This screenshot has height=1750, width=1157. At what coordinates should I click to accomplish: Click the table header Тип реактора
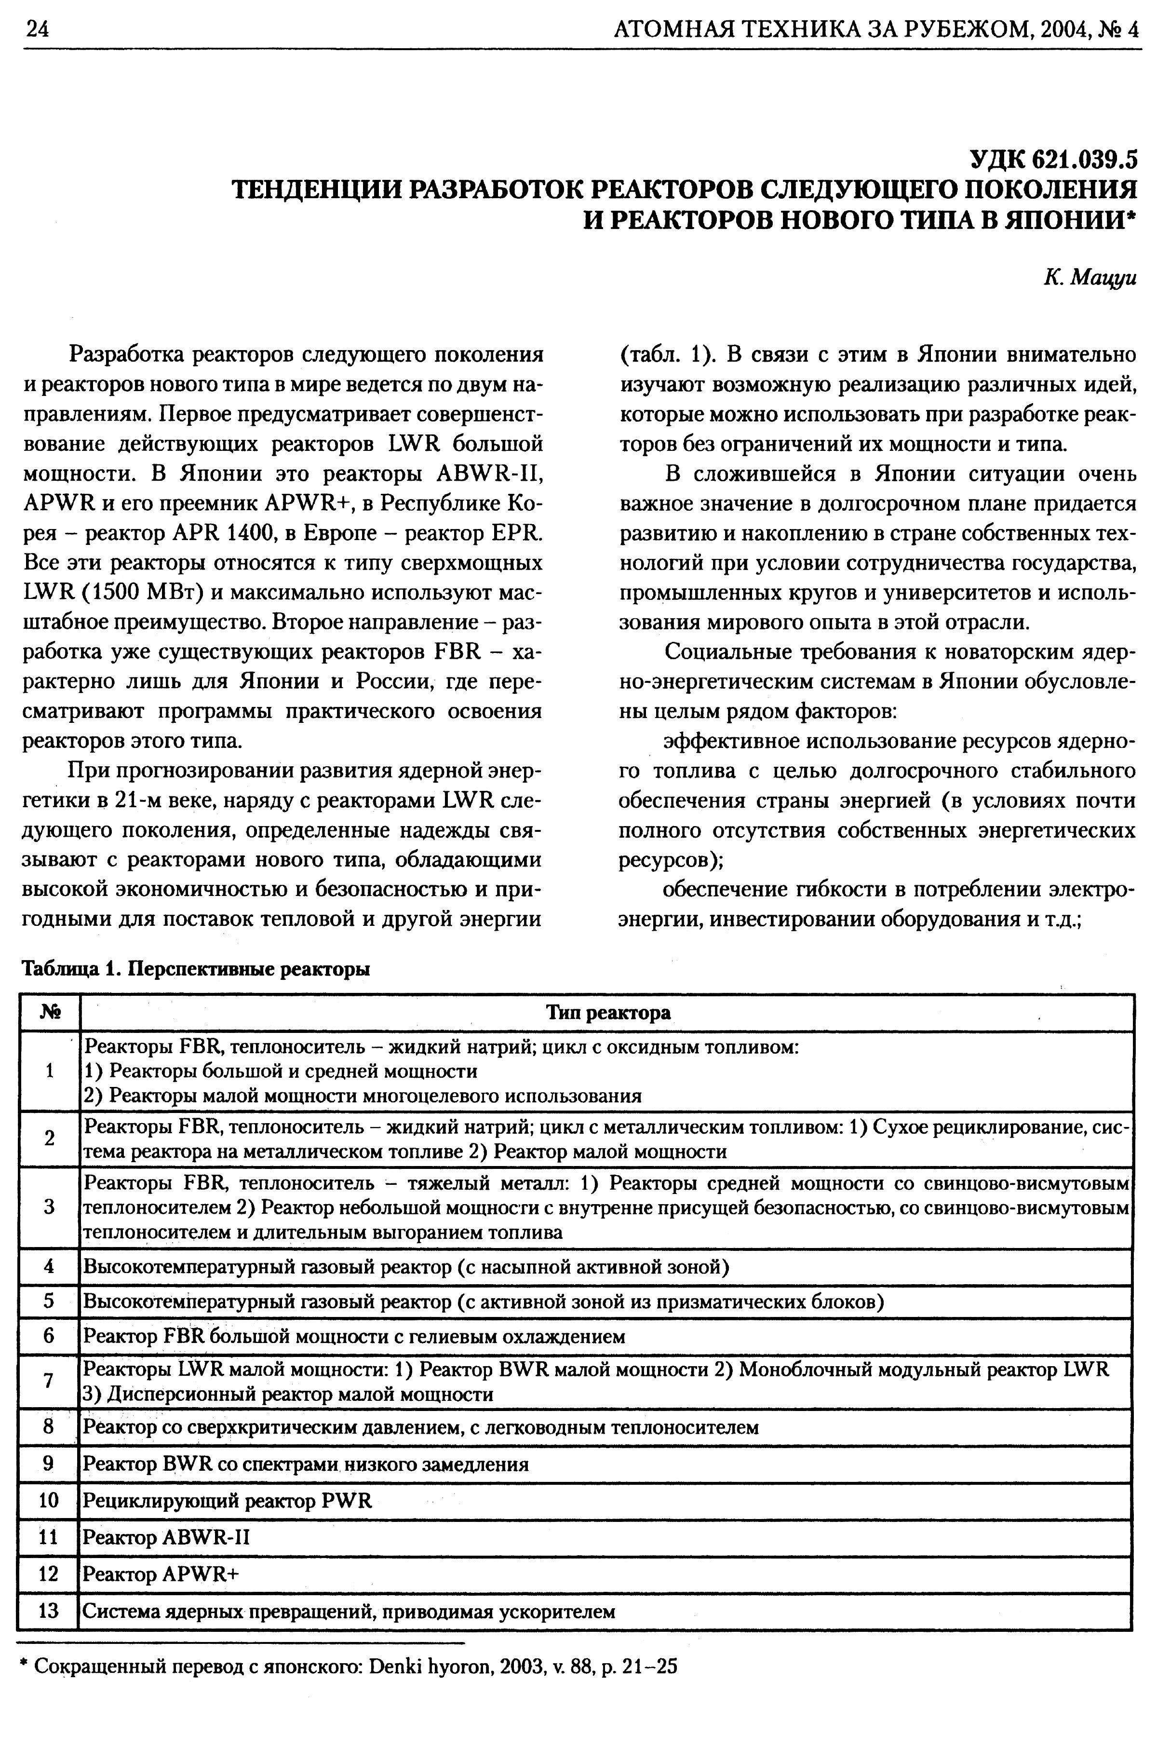click(x=608, y=1013)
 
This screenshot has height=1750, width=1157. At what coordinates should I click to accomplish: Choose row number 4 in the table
click(x=49, y=1267)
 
